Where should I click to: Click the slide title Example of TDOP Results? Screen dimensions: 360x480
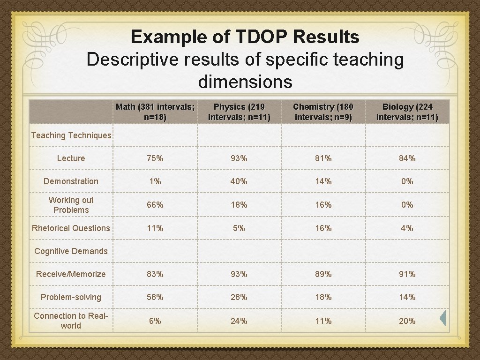point(245,37)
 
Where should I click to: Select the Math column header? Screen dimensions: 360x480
point(155,112)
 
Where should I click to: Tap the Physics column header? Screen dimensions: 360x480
point(239,112)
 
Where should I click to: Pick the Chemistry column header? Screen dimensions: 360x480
point(323,112)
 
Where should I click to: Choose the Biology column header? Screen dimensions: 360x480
point(407,112)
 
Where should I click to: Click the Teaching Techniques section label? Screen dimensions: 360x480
point(71,135)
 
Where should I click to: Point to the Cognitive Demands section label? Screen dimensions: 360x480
point(71,251)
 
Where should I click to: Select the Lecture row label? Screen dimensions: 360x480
point(71,158)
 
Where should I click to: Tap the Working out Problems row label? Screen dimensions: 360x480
point(71,205)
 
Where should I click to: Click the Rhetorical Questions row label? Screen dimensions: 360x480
point(71,228)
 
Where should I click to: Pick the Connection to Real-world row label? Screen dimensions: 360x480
point(71,321)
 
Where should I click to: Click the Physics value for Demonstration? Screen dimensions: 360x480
point(239,181)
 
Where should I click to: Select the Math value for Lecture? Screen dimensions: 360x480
point(155,158)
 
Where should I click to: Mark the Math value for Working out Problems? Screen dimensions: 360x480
point(155,205)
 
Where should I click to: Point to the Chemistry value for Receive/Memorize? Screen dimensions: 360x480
point(323,274)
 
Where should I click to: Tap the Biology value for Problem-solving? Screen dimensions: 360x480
point(407,297)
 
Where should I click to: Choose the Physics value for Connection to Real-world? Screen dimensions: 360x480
point(239,321)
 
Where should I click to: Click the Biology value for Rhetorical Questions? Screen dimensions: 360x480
point(407,228)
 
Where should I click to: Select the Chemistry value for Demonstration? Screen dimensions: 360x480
point(323,181)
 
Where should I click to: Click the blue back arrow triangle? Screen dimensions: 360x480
point(442,318)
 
